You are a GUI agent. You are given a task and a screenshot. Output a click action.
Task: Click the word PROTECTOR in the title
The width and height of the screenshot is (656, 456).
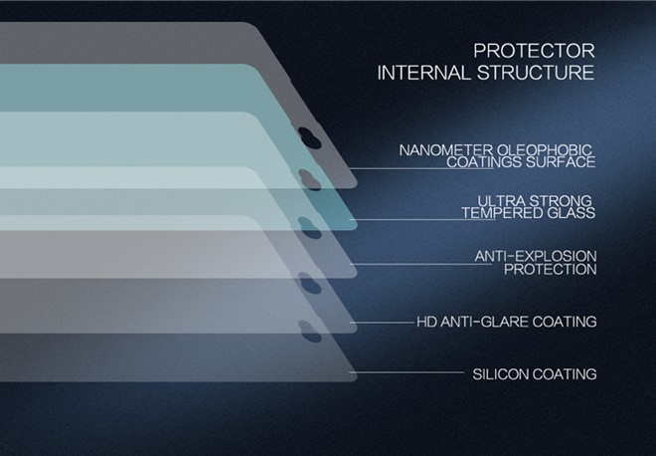[534, 51]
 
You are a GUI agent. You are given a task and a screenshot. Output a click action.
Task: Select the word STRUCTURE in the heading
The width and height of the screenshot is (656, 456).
[536, 73]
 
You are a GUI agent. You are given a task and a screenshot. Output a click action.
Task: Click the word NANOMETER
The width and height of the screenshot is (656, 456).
[446, 150]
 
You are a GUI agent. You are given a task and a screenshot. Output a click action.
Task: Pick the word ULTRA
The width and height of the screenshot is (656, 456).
[500, 200]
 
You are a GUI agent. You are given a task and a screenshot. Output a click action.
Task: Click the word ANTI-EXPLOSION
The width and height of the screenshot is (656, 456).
[536, 256]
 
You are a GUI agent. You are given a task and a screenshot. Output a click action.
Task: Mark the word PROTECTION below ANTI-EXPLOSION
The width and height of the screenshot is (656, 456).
[551, 269]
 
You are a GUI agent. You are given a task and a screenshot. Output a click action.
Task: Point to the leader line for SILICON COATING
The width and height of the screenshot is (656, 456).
[407, 372]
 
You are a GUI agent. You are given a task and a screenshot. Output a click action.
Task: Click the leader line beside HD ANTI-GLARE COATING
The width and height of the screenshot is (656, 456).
[382, 323]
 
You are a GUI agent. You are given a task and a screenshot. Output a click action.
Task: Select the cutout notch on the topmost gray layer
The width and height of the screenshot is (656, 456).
[310, 137]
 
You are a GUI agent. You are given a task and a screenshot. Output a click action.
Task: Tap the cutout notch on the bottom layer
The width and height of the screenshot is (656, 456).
[310, 332]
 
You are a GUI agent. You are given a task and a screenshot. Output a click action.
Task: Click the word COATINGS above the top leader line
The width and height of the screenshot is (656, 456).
[484, 162]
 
